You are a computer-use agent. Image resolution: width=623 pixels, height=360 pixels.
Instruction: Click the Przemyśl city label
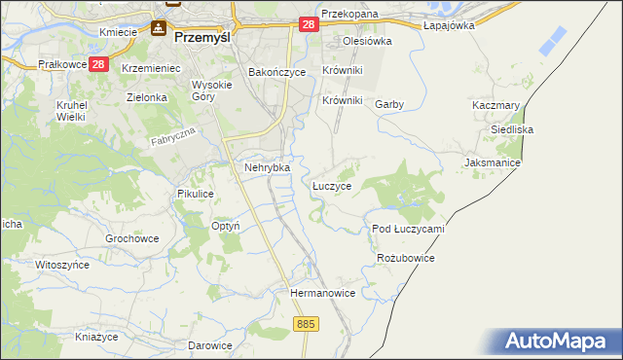(205, 39)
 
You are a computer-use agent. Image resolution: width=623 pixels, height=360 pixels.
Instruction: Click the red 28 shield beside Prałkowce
(98, 64)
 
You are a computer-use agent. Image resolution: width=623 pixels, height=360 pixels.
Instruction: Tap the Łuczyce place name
(332, 185)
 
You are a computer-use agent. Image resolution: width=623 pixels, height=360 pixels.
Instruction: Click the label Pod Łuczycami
(408, 229)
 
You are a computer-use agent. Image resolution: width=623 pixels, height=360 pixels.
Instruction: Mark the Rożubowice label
(405, 258)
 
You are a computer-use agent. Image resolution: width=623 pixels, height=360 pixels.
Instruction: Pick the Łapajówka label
(449, 25)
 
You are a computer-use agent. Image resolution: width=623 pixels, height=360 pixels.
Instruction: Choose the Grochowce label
(131, 237)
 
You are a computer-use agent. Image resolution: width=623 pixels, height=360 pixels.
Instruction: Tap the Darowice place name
(210, 345)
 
